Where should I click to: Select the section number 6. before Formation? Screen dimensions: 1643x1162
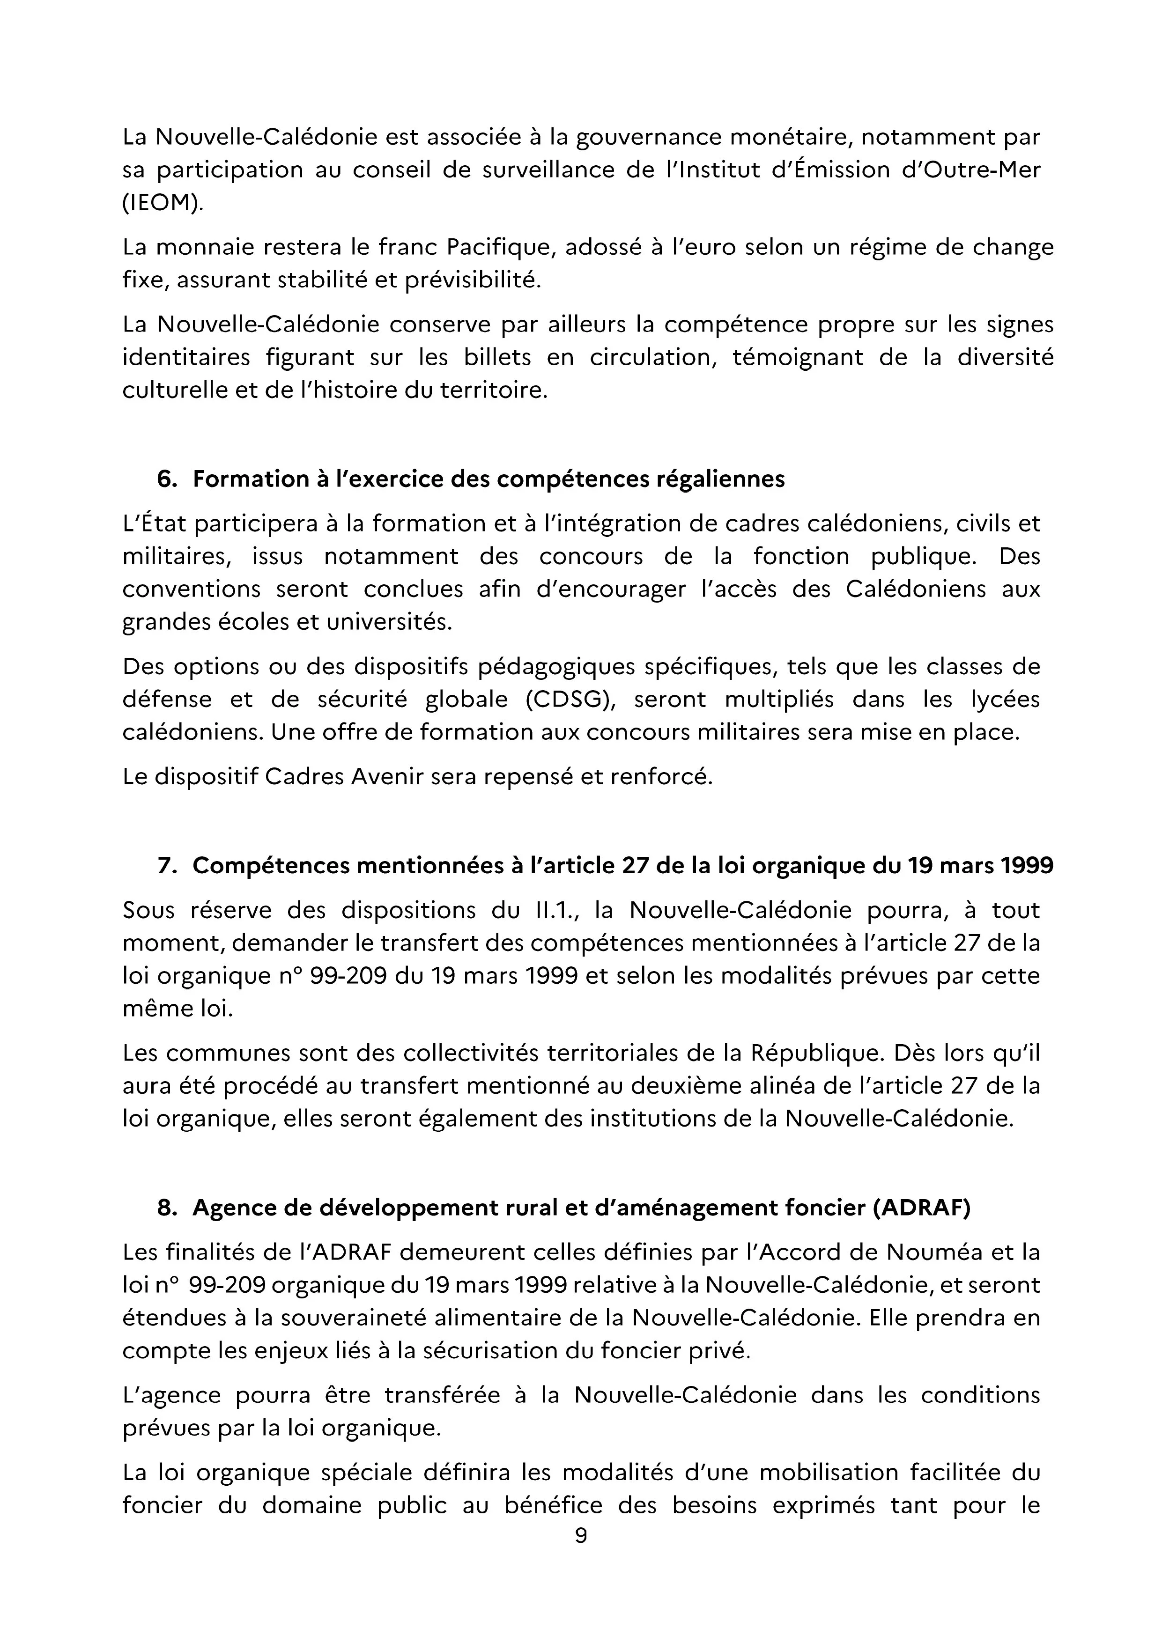(167, 479)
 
